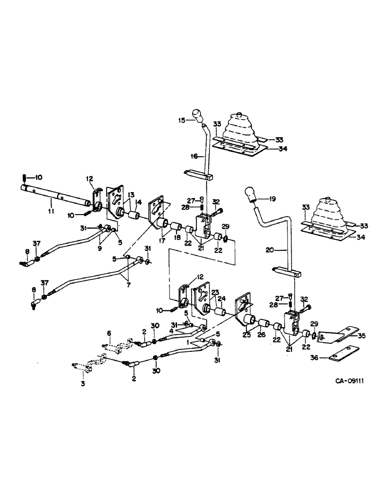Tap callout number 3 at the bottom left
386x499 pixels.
pos(83,383)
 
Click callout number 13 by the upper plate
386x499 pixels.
pos(130,195)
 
